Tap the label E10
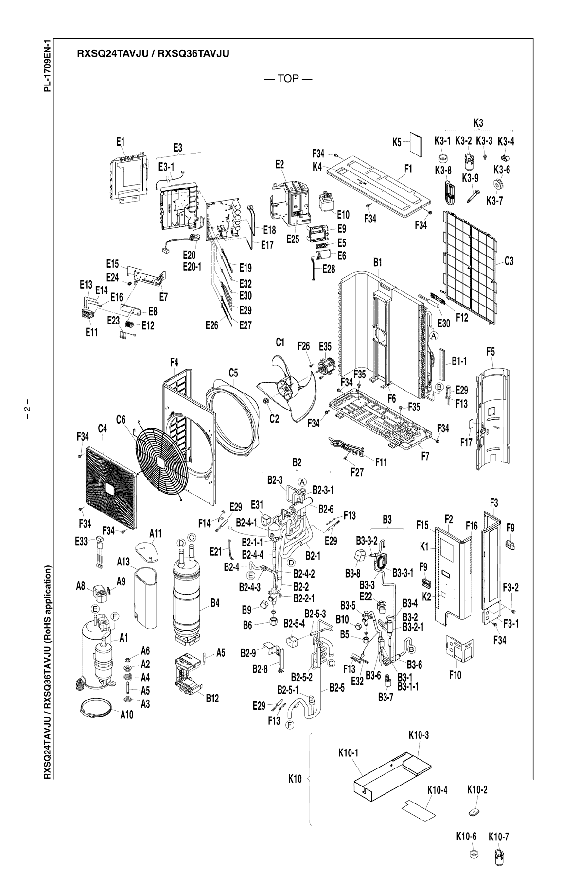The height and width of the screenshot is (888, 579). tap(343, 214)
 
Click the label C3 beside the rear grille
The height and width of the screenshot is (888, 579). tap(509, 261)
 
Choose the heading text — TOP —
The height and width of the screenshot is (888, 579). tap(288, 79)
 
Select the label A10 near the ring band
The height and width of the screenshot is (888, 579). tap(127, 715)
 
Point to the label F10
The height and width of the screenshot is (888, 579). tap(455, 675)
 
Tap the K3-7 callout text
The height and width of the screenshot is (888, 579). tap(495, 201)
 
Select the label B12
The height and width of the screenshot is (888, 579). tap(212, 699)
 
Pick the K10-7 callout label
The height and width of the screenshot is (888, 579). tap(498, 837)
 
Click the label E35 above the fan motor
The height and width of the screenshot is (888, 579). tap(325, 346)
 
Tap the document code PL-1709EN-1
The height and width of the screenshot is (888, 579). tap(47, 66)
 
